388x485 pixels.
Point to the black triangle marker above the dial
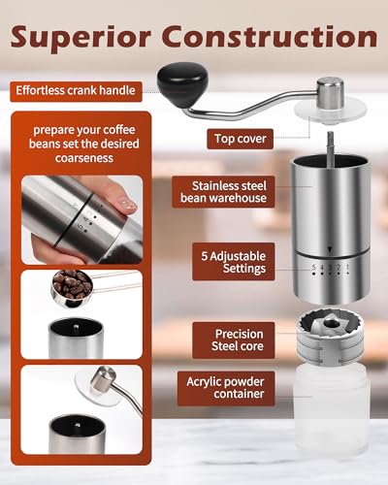(329, 249)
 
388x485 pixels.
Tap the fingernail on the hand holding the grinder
(124, 206)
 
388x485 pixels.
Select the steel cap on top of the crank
(331, 93)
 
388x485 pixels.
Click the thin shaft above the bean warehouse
(332, 142)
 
